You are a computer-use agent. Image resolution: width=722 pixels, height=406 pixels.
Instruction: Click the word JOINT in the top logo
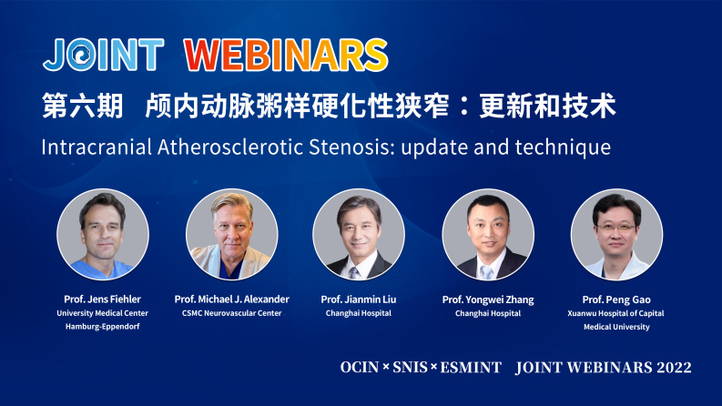click(x=103, y=54)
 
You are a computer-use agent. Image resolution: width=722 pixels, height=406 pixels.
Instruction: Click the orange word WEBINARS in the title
click(x=286, y=54)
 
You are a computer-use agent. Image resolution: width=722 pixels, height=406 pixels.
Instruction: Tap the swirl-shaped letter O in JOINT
click(x=81, y=55)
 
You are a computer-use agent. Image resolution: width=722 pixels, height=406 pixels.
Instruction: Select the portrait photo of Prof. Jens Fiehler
click(x=103, y=234)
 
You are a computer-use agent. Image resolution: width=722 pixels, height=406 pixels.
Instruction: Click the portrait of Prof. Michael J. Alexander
click(x=231, y=234)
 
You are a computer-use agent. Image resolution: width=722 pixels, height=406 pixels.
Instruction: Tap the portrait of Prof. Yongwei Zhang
click(x=488, y=234)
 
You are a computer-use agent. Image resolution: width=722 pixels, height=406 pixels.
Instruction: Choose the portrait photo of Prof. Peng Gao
click(x=616, y=234)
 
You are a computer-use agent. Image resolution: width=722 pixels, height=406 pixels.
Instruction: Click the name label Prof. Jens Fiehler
click(x=103, y=299)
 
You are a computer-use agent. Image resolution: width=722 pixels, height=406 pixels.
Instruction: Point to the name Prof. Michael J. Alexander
click(x=231, y=299)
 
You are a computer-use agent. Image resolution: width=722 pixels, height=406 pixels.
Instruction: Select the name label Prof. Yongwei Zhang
click(x=488, y=299)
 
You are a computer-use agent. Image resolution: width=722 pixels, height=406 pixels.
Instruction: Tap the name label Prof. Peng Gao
click(x=616, y=299)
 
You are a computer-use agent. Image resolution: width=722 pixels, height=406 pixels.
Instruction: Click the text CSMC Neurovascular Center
click(x=231, y=313)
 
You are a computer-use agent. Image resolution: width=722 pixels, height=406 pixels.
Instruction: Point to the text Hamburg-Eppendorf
click(x=103, y=327)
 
